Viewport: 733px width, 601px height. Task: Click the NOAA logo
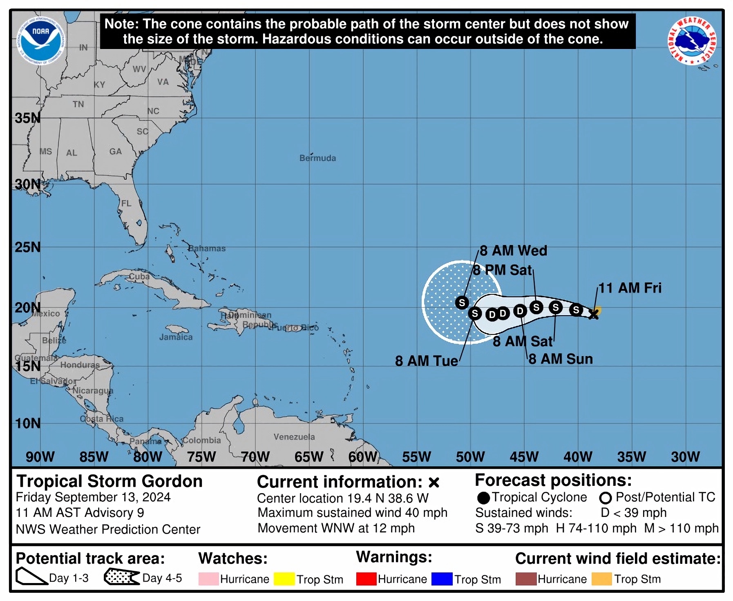click(x=40, y=41)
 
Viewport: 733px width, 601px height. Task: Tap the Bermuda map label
click(x=317, y=158)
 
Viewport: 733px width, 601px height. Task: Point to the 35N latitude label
click(x=27, y=118)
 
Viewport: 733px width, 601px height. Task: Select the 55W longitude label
click(x=416, y=456)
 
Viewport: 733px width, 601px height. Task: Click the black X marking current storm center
click(x=594, y=314)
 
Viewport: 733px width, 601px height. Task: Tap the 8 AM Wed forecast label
click(x=513, y=251)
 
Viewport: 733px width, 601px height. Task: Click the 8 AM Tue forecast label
click(x=426, y=361)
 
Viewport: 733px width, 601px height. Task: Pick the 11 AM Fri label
click(x=630, y=288)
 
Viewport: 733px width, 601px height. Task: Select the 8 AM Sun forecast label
click(x=561, y=359)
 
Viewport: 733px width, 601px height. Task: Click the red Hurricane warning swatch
click(x=366, y=579)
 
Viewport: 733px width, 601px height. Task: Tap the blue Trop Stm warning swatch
click(x=442, y=579)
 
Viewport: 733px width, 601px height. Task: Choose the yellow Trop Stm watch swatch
click(x=284, y=579)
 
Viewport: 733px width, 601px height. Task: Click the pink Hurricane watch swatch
click(x=208, y=579)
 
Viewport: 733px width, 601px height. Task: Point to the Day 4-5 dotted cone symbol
click(x=121, y=577)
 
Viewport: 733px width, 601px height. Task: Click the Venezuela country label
click(x=294, y=437)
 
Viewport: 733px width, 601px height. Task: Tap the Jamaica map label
click(x=176, y=337)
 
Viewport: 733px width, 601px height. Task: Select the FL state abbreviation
click(x=126, y=203)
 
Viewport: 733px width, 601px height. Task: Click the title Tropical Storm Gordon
click(x=110, y=481)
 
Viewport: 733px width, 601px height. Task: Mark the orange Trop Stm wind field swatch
click(x=601, y=579)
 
